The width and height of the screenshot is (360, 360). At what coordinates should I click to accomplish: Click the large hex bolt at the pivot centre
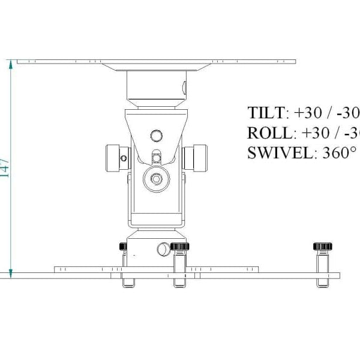[157, 178]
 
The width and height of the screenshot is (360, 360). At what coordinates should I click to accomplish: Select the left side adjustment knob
[117, 157]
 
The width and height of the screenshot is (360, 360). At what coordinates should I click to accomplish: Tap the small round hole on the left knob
[123, 158]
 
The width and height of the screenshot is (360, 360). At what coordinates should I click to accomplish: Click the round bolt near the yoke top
[157, 134]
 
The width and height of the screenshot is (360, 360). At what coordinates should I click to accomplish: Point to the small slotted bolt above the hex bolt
[157, 157]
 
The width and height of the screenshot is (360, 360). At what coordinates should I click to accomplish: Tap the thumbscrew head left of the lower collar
[123, 245]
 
